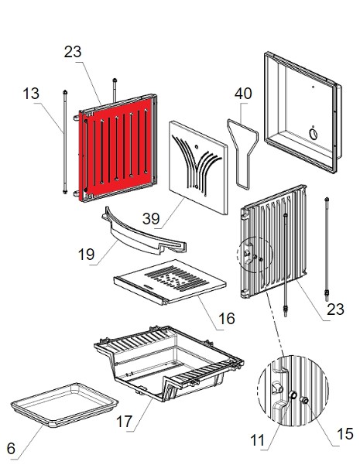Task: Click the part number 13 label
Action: [x=31, y=94]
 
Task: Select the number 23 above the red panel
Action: [x=73, y=52]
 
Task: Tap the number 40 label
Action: [x=243, y=94]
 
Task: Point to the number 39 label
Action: [x=151, y=218]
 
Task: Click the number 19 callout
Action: [x=86, y=254]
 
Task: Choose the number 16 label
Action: [x=226, y=319]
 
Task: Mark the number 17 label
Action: [x=124, y=422]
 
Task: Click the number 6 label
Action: [x=11, y=449]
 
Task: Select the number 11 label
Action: [x=257, y=440]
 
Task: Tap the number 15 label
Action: [x=345, y=434]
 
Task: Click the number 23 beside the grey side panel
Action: [x=335, y=309]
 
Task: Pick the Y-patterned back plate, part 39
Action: [x=198, y=168]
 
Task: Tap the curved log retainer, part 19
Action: [x=144, y=234]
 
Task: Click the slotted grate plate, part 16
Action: [x=170, y=281]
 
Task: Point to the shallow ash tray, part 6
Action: [x=64, y=405]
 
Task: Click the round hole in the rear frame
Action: [x=313, y=134]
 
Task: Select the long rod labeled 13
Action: [x=65, y=142]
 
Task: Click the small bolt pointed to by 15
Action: [x=305, y=400]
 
